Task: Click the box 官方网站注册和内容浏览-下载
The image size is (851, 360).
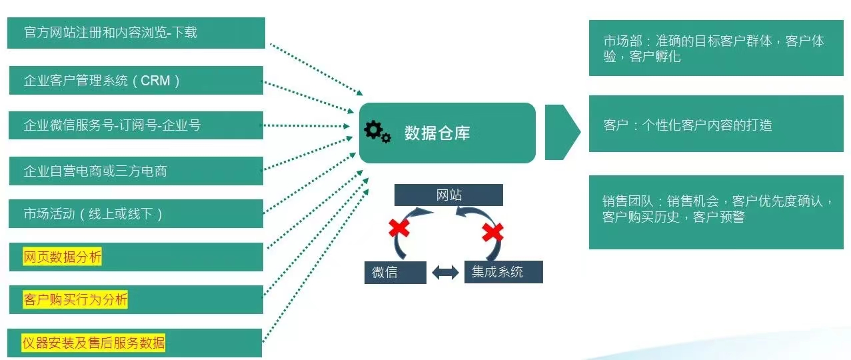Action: coord(136,33)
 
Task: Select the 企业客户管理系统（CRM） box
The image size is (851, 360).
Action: coord(136,81)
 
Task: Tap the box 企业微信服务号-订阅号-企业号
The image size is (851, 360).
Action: coord(136,125)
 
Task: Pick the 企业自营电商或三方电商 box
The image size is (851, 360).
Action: coord(136,171)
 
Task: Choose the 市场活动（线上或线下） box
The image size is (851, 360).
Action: coord(136,214)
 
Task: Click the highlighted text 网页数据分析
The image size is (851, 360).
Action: coord(63,257)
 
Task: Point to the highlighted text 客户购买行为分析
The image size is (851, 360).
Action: coord(75,300)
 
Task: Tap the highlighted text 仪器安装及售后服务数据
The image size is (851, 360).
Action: coord(94,343)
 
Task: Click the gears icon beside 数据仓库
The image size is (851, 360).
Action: coord(378,132)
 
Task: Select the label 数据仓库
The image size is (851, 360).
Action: coord(437,133)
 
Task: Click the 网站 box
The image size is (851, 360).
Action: coord(448,195)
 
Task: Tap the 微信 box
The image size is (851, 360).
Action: coord(395,273)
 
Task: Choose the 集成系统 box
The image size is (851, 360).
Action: coord(503,272)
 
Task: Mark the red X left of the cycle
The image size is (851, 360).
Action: coord(399,228)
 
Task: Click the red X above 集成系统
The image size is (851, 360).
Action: coord(492,232)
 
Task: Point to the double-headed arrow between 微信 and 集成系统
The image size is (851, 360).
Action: coord(445,273)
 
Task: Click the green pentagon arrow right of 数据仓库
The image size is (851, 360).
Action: coord(562,132)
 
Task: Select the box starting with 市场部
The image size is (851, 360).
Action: coord(716,48)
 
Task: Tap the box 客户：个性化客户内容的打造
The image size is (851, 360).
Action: coord(716,124)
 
